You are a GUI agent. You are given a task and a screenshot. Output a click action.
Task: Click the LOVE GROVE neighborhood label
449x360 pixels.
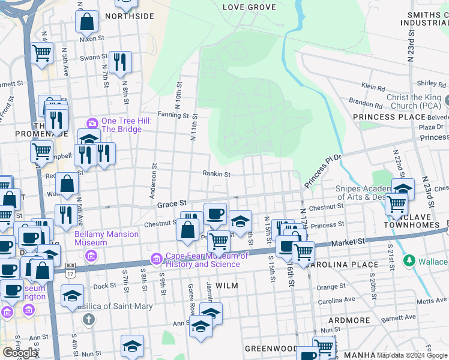point(249,7)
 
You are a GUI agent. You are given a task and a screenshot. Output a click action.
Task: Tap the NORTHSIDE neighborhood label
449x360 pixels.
point(129,16)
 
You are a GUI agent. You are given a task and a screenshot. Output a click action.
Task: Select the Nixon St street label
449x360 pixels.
point(92,38)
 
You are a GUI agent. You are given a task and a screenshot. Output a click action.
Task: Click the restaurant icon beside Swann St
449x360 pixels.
point(120,61)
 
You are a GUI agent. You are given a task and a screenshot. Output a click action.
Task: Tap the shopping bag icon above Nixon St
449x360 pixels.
point(87,22)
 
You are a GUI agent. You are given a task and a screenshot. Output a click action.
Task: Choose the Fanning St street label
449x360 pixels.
point(173,115)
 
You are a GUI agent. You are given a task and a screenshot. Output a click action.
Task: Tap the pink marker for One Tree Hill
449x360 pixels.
point(92,123)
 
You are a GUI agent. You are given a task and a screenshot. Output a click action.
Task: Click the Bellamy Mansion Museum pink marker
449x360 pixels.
point(91,256)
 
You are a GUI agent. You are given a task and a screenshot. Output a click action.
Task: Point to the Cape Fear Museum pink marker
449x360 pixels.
point(156,259)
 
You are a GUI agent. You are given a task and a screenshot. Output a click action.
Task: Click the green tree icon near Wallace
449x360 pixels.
point(409,261)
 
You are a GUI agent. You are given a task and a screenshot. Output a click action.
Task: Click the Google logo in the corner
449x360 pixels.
point(20,353)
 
